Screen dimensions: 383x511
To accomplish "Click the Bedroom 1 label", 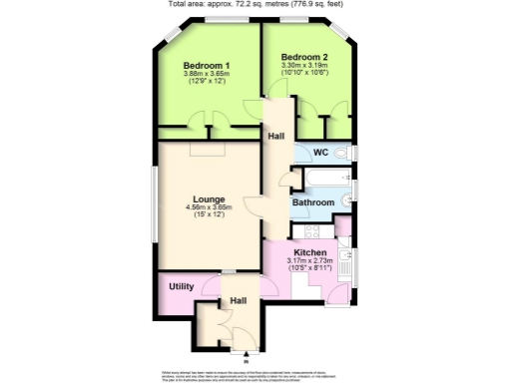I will click(208, 66).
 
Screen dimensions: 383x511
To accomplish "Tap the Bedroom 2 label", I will click(304, 57).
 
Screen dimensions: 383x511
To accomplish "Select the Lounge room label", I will click(209, 199).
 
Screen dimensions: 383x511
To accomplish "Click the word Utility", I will click(182, 286).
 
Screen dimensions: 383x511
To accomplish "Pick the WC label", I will click(320, 152).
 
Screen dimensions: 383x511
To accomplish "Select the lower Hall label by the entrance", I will click(239, 300).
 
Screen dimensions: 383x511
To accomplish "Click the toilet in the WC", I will click(342, 152).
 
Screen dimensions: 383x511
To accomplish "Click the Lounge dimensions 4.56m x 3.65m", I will click(209, 208).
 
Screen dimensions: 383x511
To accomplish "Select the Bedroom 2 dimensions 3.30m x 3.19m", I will click(304, 66).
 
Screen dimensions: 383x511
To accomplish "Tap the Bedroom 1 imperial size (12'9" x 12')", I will click(208, 82).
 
